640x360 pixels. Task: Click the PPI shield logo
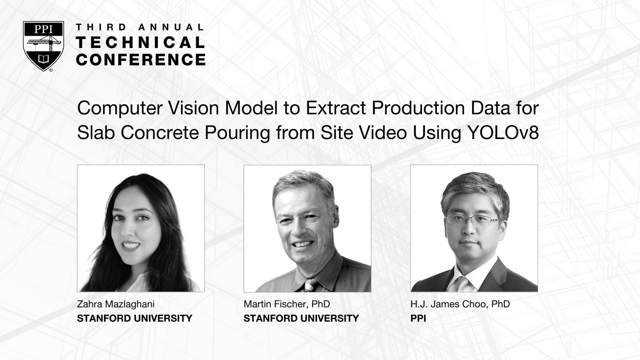(x=43, y=46)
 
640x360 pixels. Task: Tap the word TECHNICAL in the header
(x=141, y=43)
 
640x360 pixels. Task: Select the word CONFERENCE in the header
(x=141, y=59)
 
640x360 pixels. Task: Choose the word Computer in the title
(x=120, y=108)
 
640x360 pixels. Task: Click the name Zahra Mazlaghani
(x=116, y=304)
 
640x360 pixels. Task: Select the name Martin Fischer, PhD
(x=287, y=304)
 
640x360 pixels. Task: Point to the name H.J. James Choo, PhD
(x=460, y=304)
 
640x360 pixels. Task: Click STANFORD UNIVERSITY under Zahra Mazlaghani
(x=135, y=318)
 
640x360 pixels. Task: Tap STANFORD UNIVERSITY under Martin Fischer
(x=301, y=318)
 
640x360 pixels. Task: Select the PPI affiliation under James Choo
(x=418, y=318)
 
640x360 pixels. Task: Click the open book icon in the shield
(x=43, y=59)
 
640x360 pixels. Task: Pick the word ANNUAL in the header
(x=171, y=27)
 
